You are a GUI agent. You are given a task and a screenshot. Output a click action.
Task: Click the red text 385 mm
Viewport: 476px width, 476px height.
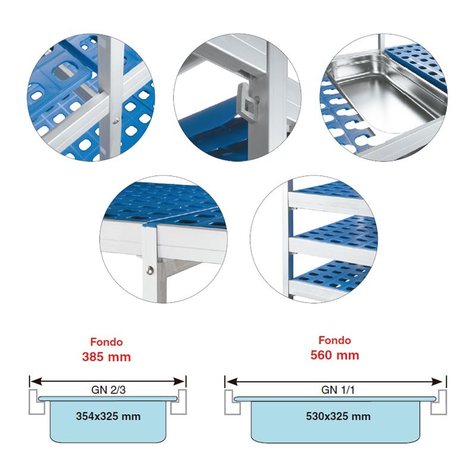point(107,356)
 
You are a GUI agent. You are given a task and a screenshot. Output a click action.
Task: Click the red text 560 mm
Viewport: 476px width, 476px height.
point(334,355)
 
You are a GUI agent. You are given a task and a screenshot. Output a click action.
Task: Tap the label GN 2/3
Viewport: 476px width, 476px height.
point(108,390)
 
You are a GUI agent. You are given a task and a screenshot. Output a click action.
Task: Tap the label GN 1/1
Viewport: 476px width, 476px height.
point(337,390)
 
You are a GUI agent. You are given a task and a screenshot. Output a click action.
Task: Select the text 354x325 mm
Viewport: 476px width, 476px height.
point(108,416)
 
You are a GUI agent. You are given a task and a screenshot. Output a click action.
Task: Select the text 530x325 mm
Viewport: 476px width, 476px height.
point(338,416)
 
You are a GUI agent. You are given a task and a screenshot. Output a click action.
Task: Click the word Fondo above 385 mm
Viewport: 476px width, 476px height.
point(107,342)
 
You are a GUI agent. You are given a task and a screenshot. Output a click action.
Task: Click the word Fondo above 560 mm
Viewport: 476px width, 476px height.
point(334,340)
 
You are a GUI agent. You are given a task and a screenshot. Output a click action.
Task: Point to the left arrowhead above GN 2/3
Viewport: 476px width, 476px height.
point(36,381)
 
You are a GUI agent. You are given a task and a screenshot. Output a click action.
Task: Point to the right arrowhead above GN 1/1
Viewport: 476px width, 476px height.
point(437,381)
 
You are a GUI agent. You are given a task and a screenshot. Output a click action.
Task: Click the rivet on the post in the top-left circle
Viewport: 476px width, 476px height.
point(115,121)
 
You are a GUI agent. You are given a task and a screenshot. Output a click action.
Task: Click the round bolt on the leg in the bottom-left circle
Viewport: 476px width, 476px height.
point(150,270)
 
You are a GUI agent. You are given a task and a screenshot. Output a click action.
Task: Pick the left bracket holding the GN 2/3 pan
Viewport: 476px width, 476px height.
point(36,401)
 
